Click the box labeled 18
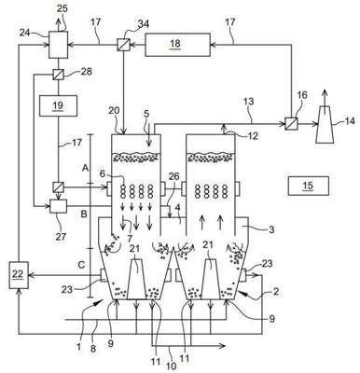point(177,45)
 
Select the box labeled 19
point(58,105)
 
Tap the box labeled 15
point(309,186)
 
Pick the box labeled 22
point(19,275)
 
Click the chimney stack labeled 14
point(325,124)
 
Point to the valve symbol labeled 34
point(124,45)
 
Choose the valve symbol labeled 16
point(292,124)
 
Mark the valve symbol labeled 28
point(58,75)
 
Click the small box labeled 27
point(58,206)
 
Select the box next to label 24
point(58,45)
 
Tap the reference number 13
point(248,102)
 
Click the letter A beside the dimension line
point(85,168)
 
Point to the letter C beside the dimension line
point(81,265)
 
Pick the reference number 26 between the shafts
point(173,176)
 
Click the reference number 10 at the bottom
point(172,366)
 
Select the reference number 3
point(271,229)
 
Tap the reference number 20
point(115,111)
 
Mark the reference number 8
point(92,349)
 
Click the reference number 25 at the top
point(62,8)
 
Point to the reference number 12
point(253,135)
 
